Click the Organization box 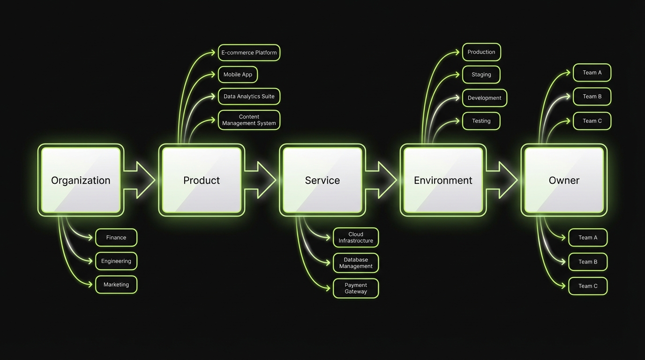[81, 180]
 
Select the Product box [202, 180]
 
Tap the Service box [322, 180]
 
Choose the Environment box [443, 180]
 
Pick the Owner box [564, 180]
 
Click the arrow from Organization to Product [140, 180]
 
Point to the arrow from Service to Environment [382, 180]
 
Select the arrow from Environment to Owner [502, 180]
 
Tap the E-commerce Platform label [249, 52]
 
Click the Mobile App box [238, 75]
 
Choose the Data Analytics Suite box [249, 97]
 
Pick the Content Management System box [249, 120]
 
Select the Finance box [116, 238]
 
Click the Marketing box [116, 285]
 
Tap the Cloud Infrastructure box [356, 238]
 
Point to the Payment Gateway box [356, 288]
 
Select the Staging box [481, 75]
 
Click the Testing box [481, 121]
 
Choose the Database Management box [356, 263]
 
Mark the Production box [481, 52]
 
